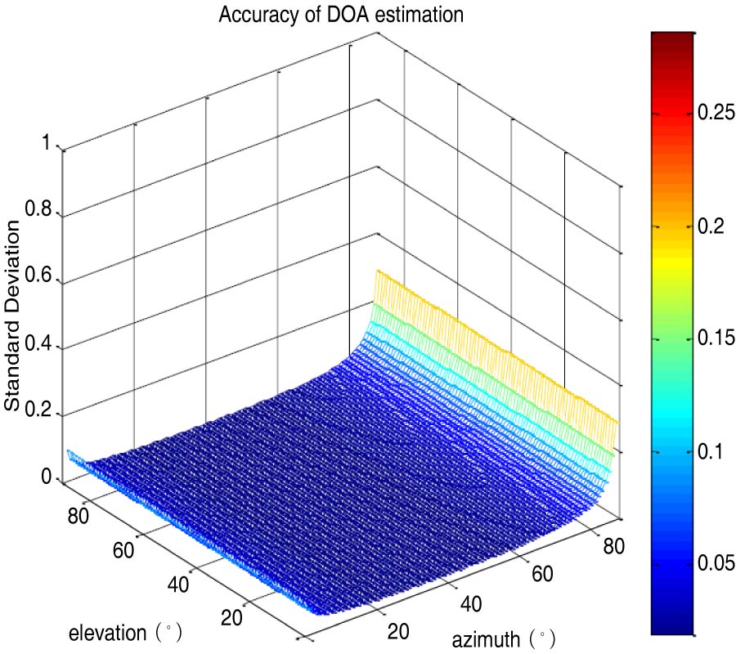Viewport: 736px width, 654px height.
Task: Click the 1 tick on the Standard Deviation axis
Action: click(x=47, y=144)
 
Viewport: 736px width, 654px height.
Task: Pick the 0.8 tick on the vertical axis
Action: click(x=38, y=211)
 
